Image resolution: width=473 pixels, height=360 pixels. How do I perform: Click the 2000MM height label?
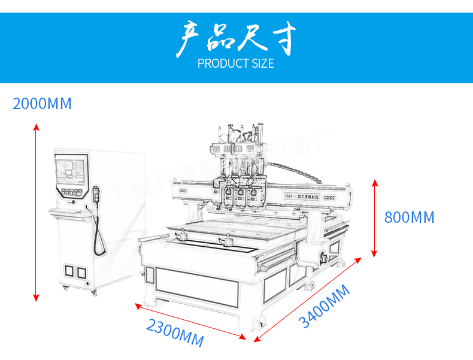click(42, 104)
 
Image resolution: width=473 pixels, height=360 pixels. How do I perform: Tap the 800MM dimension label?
click(409, 217)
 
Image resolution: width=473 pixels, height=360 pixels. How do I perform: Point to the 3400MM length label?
click(324, 307)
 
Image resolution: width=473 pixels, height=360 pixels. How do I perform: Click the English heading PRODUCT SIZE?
click(236, 63)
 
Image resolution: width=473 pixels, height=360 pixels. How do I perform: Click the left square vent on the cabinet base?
click(68, 271)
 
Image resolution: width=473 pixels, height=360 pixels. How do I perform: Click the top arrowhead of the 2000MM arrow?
click(37, 126)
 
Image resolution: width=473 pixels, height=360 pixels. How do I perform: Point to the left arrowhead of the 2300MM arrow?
click(137, 305)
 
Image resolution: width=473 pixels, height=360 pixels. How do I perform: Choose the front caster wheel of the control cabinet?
click(93, 292)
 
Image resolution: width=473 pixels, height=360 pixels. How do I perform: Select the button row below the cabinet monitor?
click(71, 193)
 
